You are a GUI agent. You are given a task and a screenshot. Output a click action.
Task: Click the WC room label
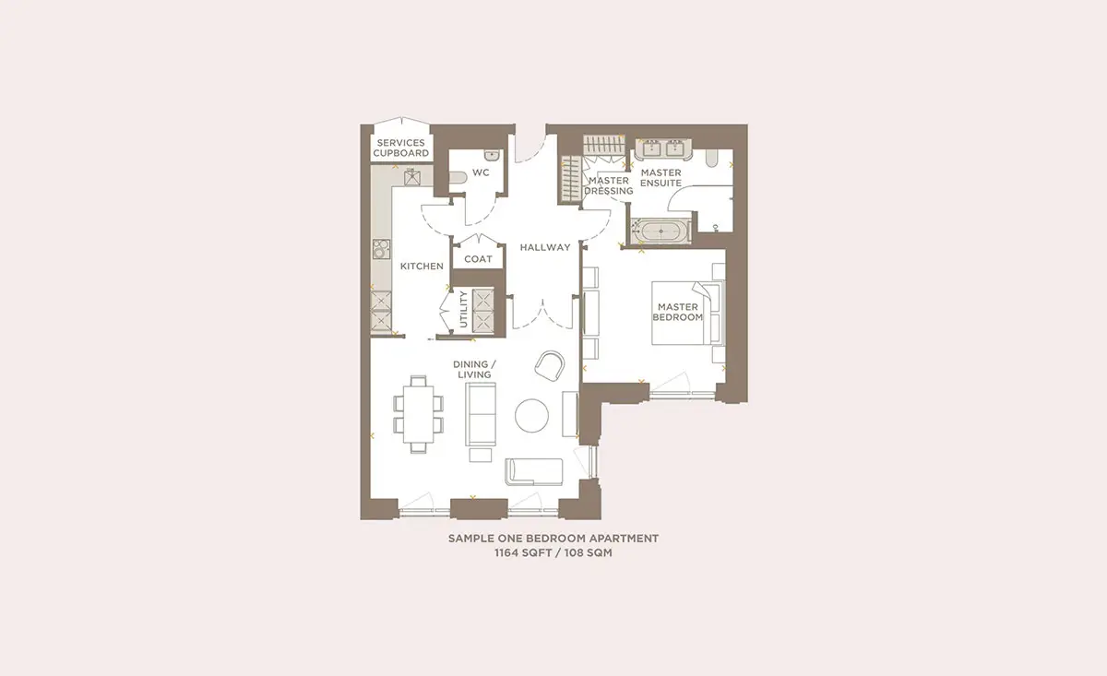click(x=481, y=172)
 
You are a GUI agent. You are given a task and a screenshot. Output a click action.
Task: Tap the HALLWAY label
click(x=545, y=247)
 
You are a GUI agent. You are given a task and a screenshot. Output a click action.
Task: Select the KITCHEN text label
click(x=422, y=266)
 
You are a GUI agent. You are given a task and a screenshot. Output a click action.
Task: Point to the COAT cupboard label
click(x=478, y=259)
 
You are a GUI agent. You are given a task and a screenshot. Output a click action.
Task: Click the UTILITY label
click(x=463, y=309)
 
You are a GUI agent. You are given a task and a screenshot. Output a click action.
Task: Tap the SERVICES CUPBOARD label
click(x=400, y=148)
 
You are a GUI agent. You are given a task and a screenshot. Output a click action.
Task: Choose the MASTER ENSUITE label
click(x=661, y=177)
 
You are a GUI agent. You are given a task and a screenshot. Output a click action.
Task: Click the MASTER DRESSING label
click(x=608, y=185)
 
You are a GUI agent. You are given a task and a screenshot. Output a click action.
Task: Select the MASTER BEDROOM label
click(x=677, y=312)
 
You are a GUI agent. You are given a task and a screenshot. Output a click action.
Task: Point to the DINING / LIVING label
click(x=474, y=369)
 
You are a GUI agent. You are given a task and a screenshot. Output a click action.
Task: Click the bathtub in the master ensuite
click(x=661, y=231)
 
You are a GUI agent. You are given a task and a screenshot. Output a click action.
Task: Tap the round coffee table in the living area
click(x=531, y=416)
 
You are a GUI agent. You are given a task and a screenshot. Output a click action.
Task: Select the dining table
click(x=418, y=414)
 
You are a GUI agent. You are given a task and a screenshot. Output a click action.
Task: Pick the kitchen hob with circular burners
click(x=381, y=249)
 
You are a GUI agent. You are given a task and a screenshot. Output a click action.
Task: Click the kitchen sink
click(x=412, y=177)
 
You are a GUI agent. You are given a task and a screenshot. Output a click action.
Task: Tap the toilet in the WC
click(x=458, y=177)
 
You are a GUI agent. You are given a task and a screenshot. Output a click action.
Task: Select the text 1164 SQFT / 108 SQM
click(x=553, y=552)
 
